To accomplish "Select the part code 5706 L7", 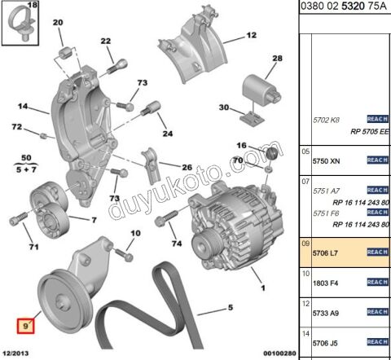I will (x=326, y=252).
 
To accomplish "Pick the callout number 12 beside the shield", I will (x=251, y=36).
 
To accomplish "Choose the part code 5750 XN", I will (x=326, y=161).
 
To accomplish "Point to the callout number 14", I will (x=22, y=106).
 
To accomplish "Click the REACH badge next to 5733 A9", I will (x=376, y=312).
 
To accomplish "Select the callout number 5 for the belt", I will (x=231, y=308).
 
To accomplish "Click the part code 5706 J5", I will (x=326, y=343).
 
